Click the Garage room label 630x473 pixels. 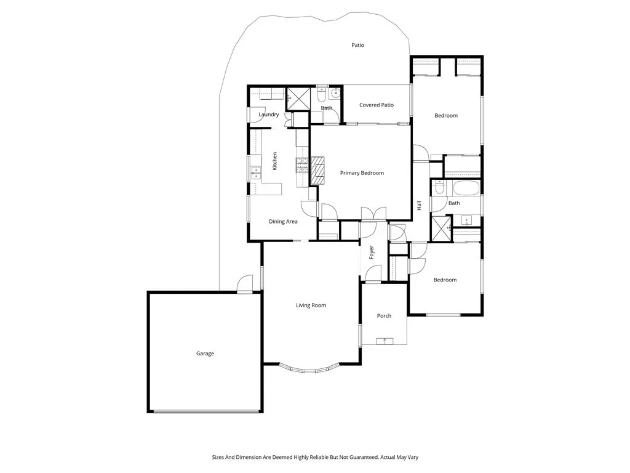pyautogui.click(x=205, y=354)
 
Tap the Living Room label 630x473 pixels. pyautogui.click(x=311, y=305)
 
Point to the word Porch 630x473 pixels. pyautogui.click(x=384, y=316)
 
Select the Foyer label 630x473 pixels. pyautogui.click(x=372, y=252)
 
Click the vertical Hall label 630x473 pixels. pyautogui.click(x=419, y=206)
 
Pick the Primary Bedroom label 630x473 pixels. pyautogui.click(x=362, y=173)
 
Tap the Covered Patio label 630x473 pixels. pyautogui.click(x=377, y=105)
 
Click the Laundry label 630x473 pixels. pyautogui.click(x=269, y=115)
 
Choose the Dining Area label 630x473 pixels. pyautogui.click(x=283, y=222)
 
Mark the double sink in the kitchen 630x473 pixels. pyautogui.click(x=255, y=172)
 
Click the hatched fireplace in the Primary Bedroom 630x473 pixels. pyautogui.click(x=317, y=170)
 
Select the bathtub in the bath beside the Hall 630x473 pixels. pyautogui.click(x=466, y=188)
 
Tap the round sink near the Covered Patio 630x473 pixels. pyautogui.click(x=335, y=94)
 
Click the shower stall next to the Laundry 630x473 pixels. pyautogui.click(x=298, y=98)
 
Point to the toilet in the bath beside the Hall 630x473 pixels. pyautogui.click(x=438, y=188)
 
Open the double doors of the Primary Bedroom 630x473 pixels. pyautogui.click(x=373, y=214)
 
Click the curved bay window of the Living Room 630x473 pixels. pyautogui.click(x=310, y=368)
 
